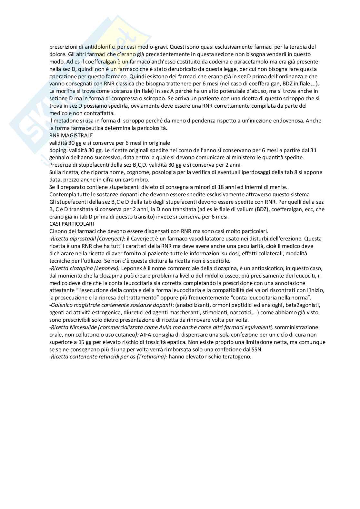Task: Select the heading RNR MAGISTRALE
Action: click(x=71, y=135)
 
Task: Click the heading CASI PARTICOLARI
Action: click(x=72, y=224)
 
